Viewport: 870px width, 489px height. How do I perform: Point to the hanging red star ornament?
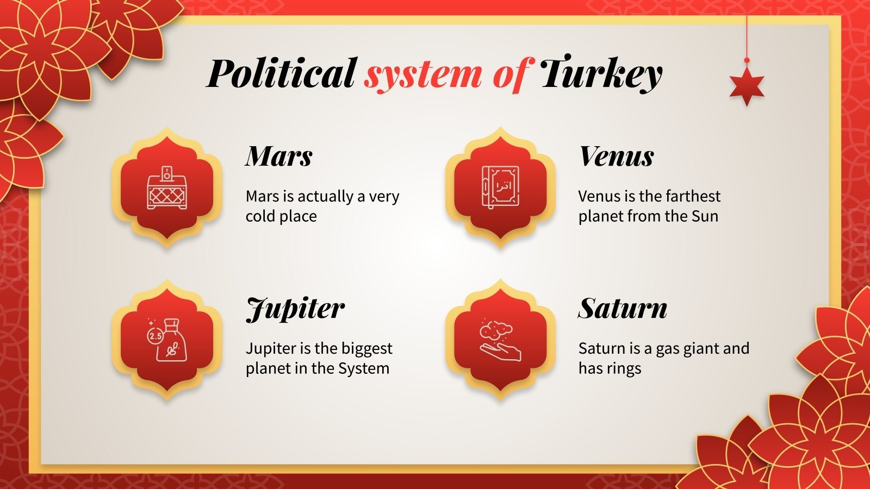click(747, 86)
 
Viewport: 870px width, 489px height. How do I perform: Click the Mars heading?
click(279, 156)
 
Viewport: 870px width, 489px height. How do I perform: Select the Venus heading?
click(617, 156)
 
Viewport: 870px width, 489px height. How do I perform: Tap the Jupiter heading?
click(295, 309)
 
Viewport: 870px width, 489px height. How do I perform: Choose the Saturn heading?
click(623, 309)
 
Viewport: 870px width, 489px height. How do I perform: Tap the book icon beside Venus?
click(500, 187)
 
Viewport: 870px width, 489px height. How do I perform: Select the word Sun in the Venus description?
click(705, 216)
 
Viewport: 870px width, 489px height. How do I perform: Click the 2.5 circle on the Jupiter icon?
click(156, 336)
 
